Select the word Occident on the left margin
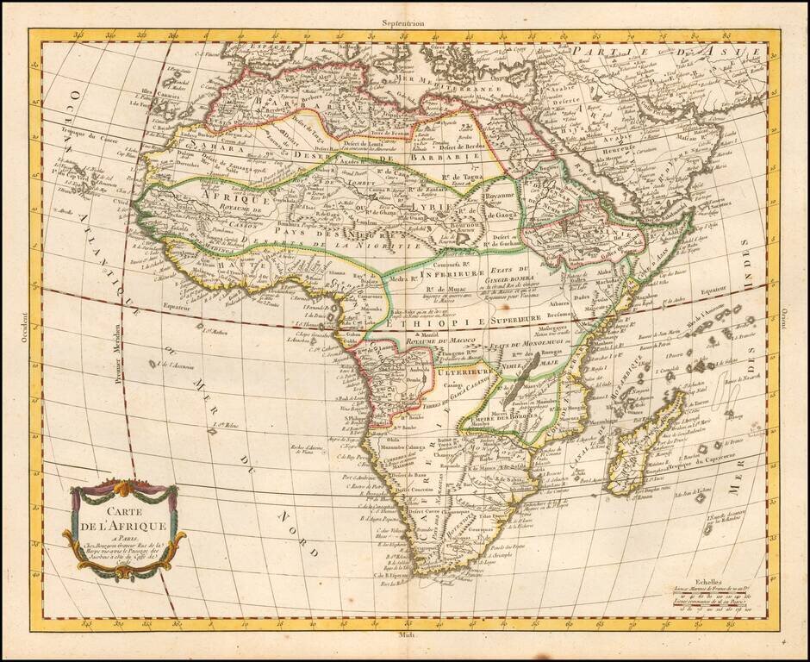point(25,331)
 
